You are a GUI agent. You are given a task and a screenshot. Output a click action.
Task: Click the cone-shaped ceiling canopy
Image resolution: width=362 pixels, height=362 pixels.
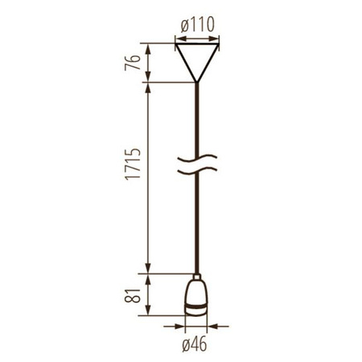196,56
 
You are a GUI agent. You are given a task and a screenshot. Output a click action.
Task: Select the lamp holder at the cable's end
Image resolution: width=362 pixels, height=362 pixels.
196,299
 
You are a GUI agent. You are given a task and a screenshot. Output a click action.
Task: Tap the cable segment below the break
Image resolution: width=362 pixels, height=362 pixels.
196,225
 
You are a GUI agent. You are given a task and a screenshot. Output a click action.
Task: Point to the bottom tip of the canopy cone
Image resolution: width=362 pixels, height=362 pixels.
196,80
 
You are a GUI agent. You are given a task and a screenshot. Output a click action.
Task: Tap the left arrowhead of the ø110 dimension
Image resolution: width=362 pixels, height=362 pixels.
177,38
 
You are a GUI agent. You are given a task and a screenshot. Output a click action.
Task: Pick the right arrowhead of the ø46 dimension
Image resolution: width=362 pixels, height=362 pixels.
212,327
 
